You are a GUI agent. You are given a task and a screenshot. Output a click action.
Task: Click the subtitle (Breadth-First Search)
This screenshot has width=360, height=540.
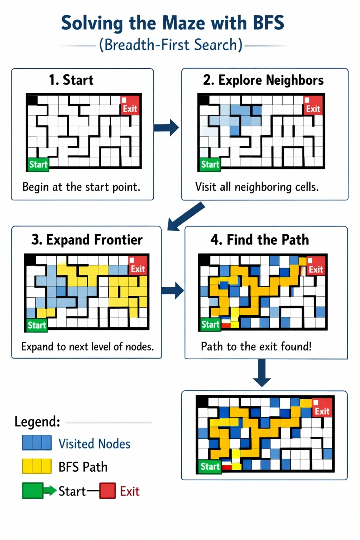(x=171, y=45)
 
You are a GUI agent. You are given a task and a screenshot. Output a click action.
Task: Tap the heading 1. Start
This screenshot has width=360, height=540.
(x=71, y=80)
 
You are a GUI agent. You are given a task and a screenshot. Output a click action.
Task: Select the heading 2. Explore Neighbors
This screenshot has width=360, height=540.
(x=263, y=80)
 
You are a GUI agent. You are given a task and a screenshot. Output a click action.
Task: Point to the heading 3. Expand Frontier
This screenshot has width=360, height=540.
(x=87, y=240)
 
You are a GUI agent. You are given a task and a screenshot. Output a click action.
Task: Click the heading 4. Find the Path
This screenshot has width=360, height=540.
(x=260, y=240)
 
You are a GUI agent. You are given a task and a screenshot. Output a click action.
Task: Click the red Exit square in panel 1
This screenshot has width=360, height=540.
(x=130, y=105)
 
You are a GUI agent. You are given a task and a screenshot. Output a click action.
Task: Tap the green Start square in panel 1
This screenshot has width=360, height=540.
(x=38, y=165)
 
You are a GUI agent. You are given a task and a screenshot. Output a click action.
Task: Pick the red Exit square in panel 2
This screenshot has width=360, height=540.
(x=313, y=105)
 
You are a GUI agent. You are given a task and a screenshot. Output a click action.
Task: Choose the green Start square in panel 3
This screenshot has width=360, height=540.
(x=37, y=325)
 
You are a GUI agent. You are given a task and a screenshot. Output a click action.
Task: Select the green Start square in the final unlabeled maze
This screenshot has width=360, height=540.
(x=210, y=467)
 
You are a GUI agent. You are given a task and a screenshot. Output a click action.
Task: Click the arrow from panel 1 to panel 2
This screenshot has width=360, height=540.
(x=166, y=128)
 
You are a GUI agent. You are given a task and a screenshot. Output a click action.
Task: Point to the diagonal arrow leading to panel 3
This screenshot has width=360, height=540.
(x=186, y=217)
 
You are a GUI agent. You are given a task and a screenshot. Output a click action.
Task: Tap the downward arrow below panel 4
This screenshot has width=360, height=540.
(x=262, y=373)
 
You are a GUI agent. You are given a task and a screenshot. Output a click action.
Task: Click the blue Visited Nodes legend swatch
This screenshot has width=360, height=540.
(x=37, y=443)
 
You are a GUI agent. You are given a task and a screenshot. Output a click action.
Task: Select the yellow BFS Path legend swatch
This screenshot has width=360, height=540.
(x=37, y=466)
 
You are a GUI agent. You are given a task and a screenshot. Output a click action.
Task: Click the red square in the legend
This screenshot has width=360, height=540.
(x=108, y=490)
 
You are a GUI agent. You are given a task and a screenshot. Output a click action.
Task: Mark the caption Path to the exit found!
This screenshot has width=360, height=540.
(x=256, y=346)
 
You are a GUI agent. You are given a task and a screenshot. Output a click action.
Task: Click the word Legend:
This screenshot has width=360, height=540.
(x=37, y=422)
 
